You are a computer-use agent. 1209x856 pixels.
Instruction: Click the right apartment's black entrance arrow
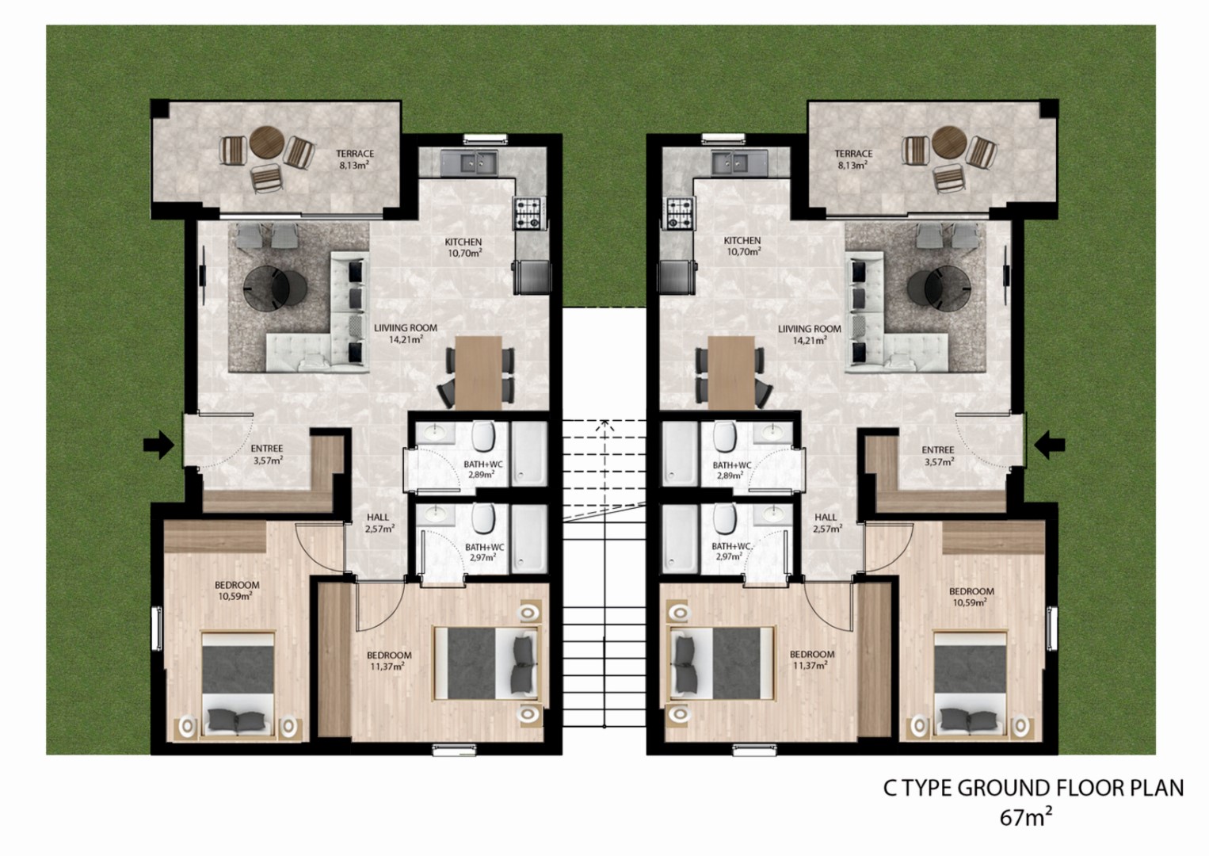[x=1050, y=445]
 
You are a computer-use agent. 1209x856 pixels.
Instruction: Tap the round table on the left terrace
[x=267, y=142]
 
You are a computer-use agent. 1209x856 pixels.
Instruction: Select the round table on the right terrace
[x=949, y=142]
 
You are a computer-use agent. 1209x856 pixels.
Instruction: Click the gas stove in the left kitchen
[x=528, y=213]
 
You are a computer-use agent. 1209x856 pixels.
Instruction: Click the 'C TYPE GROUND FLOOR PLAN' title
[x=1033, y=789]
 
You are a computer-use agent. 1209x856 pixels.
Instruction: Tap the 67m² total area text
[x=1025, y=818]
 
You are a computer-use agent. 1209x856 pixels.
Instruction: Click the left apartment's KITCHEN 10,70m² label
[x=463, y=246]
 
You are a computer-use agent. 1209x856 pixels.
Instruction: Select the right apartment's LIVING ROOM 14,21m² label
[x=810, y=334]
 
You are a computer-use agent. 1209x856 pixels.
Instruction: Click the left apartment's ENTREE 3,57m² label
[x=267, y=454]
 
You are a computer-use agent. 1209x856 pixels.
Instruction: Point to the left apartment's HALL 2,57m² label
[x=379, y=523]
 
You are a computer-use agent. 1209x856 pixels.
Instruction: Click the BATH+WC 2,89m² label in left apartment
[x=480, y=469]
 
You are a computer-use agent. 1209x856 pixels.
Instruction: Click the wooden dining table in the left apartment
[x=479, y=372]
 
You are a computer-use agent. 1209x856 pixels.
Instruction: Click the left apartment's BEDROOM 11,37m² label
[x=389, y=660]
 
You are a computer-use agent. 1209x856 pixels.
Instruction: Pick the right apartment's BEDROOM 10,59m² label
[x=971, y=597]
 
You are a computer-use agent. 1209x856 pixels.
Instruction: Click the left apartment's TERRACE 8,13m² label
[x=355, y=159]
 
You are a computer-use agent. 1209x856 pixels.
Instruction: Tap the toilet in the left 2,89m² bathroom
[x=483, y=437]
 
